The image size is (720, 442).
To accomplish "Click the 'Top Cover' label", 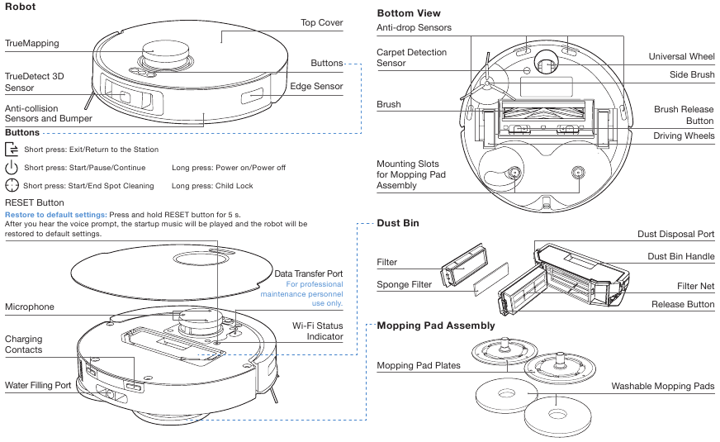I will pyautogui.click(x=320, y=23).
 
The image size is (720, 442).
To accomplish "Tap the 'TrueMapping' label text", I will pyautogui.click(x=32, y=43).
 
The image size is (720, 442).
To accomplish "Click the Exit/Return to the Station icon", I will pyautogui.click(x=12, y=150).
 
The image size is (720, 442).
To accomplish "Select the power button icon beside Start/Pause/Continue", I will pyautogui.click(x=12, y=168).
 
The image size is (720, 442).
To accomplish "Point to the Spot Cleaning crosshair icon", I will pyautogui.click(x=12, y=186).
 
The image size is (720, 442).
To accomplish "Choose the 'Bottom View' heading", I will pyautogui.click(x=409, y=13).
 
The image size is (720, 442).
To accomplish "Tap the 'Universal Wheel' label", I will pyautogui.click(x=681, y=57).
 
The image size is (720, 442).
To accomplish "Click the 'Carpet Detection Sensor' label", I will pyautogui.click(x=411, y=58).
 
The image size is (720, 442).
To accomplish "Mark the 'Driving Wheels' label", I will pyautogui.click(x=684, y=135).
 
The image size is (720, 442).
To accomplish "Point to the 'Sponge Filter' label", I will pyautogui.click(x=404, y=285).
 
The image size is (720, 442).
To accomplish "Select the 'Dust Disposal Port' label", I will pyautogui.click(x=675, y=235).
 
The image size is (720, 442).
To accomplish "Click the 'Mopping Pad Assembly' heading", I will pyautogui.click(x=436, y=326).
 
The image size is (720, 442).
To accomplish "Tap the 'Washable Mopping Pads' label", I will pyautogui.click(x=662, y=386).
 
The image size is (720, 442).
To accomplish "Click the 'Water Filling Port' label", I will pyautogui.click(x=38, y=385).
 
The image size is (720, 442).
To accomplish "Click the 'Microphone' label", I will pyautogui.click(x=30, y=307).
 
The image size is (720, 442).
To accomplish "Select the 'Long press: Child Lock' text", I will pyautogui.click(x=212, y=186).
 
